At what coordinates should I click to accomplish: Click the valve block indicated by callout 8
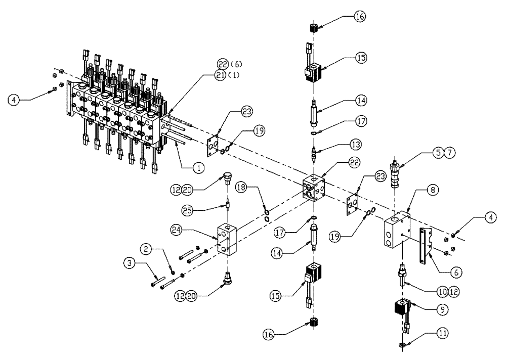398,232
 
